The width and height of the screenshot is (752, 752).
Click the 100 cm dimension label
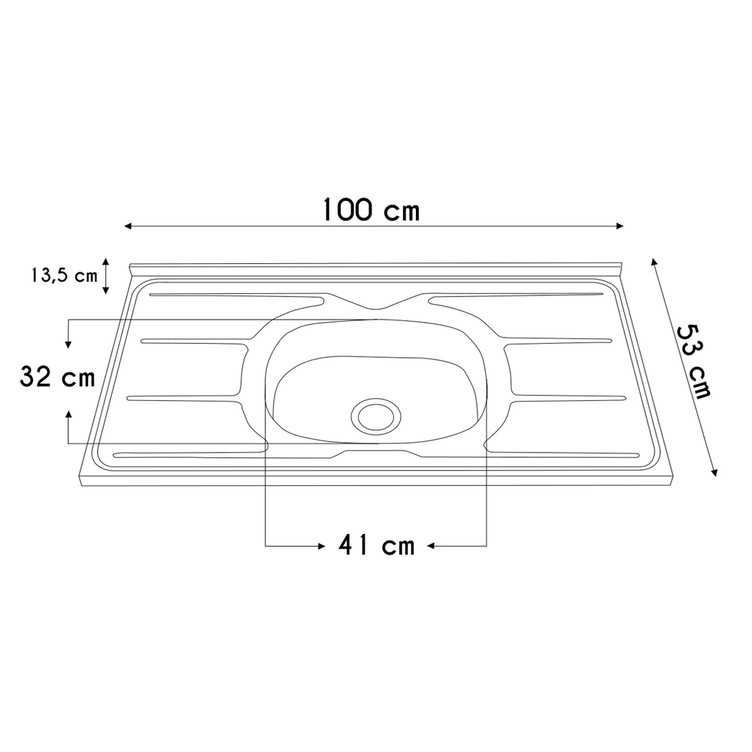[x=371, y=210]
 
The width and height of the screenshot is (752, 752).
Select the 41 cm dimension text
[x=376, y=545]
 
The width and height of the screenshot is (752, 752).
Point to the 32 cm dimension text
[x=57, y=378]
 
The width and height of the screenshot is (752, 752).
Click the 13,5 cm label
[x=64, y=275]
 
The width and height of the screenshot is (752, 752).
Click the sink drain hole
[x=377, y=414]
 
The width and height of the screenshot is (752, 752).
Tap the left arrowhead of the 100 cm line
[x=129, y=226]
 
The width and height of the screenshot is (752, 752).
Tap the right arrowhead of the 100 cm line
[x=620, y=226]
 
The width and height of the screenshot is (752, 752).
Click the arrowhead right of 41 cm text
[x=432, y=544]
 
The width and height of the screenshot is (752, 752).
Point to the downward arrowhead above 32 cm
[x=68, y=344]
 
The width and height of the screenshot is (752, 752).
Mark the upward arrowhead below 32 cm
[x=68, y=414]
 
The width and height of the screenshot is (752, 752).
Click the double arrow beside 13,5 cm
[x=106, y=275]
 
